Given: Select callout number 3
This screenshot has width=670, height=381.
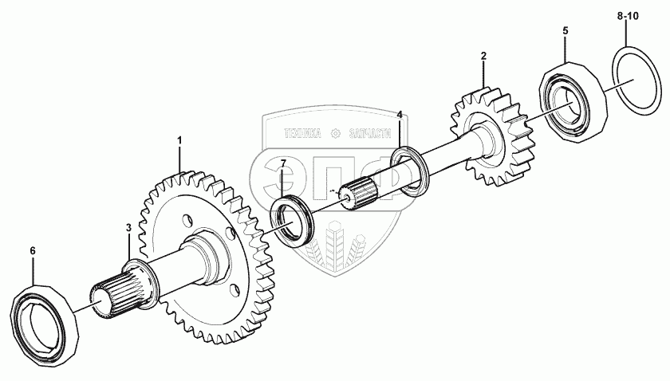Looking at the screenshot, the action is (x=128, y=229).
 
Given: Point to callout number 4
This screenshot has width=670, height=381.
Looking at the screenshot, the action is (x=400, y=115).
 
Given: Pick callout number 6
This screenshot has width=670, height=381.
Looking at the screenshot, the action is (x=33, y=251).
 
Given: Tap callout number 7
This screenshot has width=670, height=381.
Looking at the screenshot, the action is (x=282, y=165).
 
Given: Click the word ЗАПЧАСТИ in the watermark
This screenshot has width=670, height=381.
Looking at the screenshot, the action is (x=374, y=133).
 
